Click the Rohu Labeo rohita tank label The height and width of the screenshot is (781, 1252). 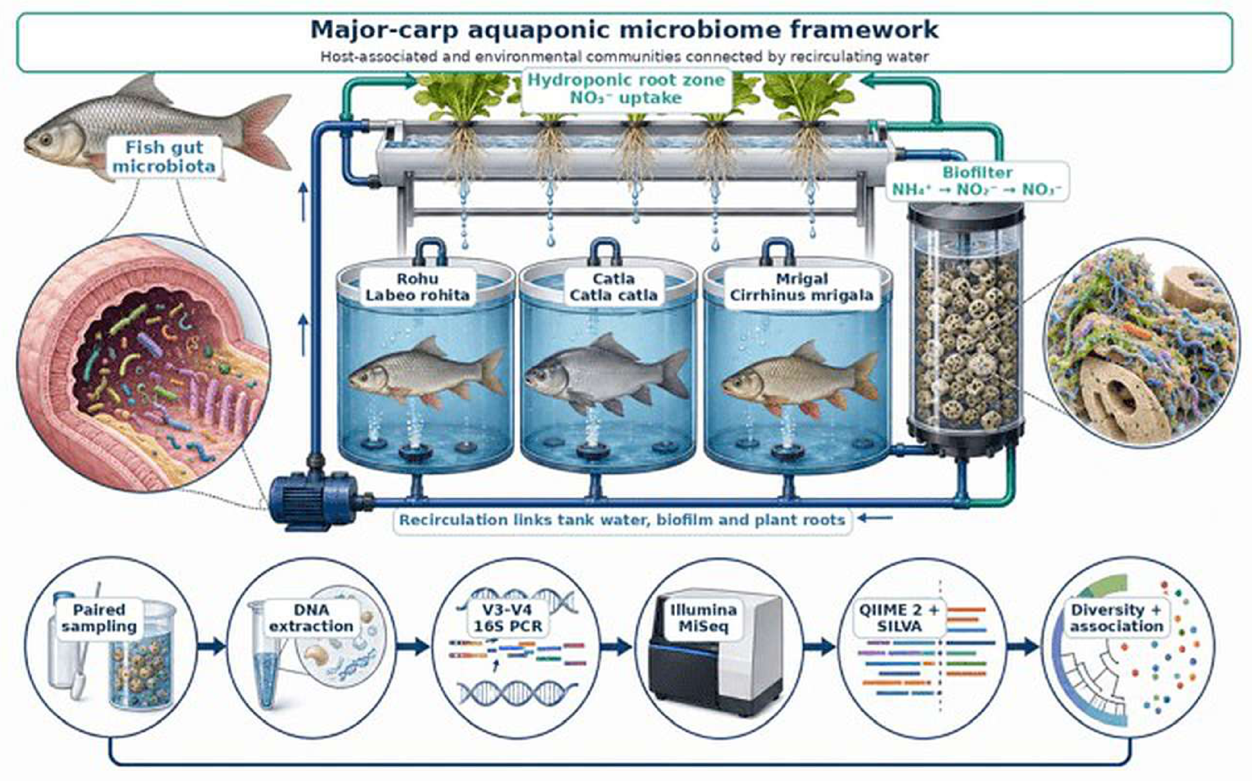coord(418,287)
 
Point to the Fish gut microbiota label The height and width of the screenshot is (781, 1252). coord(164,157)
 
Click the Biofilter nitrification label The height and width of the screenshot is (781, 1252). coord(977,181)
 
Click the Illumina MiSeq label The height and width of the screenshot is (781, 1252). coord(703,618)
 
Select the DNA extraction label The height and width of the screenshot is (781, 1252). coord(311,618)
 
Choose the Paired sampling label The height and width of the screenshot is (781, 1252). coord(99,618)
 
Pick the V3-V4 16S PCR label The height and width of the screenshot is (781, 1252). coord(508,618)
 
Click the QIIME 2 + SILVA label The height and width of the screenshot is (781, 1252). coord(899,618)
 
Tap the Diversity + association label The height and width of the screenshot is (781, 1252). coord(1116,618)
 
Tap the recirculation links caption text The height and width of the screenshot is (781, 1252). coord(622,520)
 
